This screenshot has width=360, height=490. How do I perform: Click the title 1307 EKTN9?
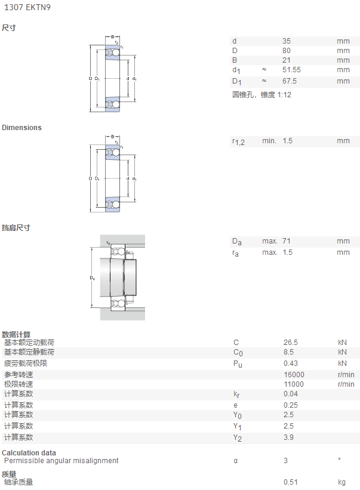coord(27,7)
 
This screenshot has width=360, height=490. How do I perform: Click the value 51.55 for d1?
coord(291,70)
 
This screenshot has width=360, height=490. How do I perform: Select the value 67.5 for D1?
coord(290,81)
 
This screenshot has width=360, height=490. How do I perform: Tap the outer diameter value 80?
coord(287,51)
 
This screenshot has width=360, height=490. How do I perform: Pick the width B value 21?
coord(286,60)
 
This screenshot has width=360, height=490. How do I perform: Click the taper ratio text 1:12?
coord(284,95)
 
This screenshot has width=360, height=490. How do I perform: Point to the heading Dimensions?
coord(21,128)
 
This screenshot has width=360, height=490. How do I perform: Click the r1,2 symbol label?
coord(238,142)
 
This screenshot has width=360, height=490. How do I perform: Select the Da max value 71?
coord(286,241)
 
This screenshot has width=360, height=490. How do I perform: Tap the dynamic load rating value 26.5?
coord(291,343)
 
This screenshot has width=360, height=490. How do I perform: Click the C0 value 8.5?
coord(288,352)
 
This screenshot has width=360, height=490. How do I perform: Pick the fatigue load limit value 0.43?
coord(291,363)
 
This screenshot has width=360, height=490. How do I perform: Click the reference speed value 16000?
coord(294,374)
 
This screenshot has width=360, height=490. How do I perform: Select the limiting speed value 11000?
coord(294,384)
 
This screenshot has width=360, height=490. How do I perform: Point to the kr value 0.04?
coord(291,394)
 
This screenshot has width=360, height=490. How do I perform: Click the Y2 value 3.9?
coord(288,437)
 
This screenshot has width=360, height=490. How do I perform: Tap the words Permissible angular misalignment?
coord(61,461)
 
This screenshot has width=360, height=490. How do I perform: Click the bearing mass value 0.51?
coord(291,482)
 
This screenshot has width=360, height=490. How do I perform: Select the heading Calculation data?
coord(29,453)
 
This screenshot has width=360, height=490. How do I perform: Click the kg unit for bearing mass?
coord(341,482)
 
